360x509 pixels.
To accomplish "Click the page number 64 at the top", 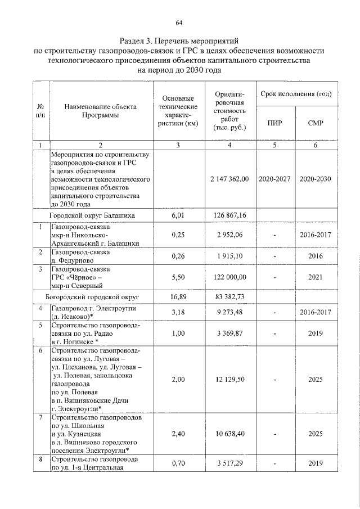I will [179, 22].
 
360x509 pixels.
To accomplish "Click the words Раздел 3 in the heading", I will [138, 41].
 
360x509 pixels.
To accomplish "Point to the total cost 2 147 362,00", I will [229, 179].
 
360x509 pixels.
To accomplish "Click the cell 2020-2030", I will [316, 179].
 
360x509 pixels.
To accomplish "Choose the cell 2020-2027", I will [276, 179].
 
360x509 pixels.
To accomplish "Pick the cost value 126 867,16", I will [229, 215].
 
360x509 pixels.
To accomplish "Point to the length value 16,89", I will [178, 296].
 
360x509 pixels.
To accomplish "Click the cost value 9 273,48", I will [229, 312].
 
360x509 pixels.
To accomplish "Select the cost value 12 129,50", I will [229, 380].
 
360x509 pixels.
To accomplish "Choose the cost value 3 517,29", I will [229, 463].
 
